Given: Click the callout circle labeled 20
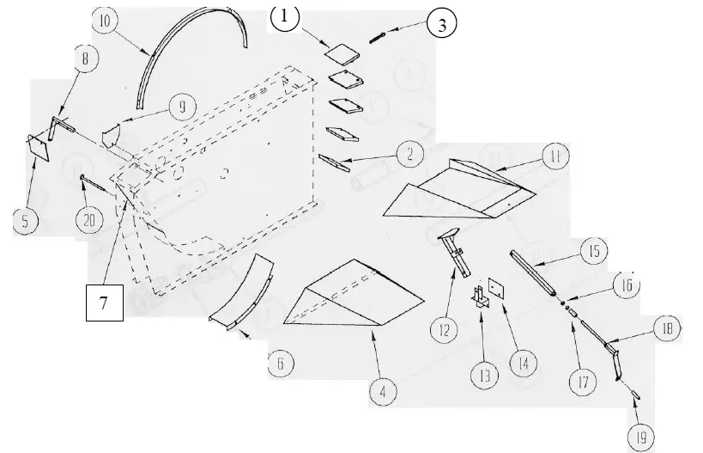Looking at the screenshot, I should (88, 219).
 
